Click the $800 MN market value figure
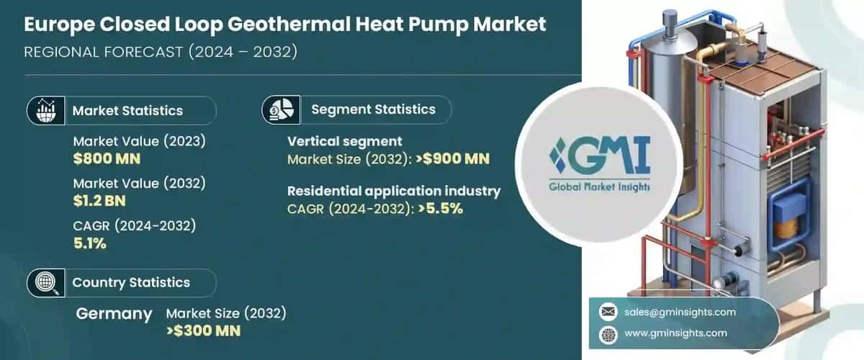click(107, 158)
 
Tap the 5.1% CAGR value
click(89, 243)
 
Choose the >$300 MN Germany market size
click(203, 330)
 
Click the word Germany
click(114, 314)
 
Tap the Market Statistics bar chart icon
click(41, 110)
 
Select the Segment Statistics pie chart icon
click(281, 109)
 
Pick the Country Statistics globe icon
click(41, 282)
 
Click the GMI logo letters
click(599, 156)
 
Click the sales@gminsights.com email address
click(681, 312)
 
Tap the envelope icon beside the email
click(608, 312)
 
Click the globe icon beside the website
click(608, 333)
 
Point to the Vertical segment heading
click(344, 141)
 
